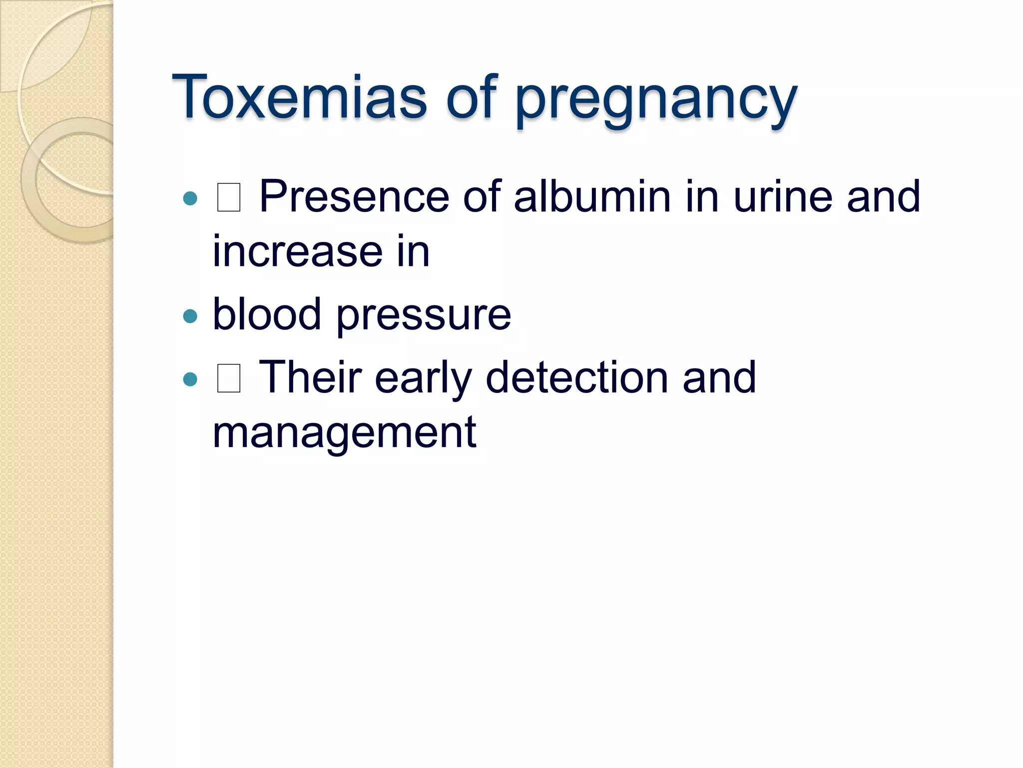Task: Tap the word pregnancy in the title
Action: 656,100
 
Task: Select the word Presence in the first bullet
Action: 354,196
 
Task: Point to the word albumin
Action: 592,196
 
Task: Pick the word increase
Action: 298,251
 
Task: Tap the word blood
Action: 267,314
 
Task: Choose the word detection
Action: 577,377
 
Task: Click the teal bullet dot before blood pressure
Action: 190,316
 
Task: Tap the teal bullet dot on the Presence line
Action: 190,198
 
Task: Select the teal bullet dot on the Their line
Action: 190,379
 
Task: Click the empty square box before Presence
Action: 229,197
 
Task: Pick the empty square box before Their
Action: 229,378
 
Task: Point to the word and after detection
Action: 719,377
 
